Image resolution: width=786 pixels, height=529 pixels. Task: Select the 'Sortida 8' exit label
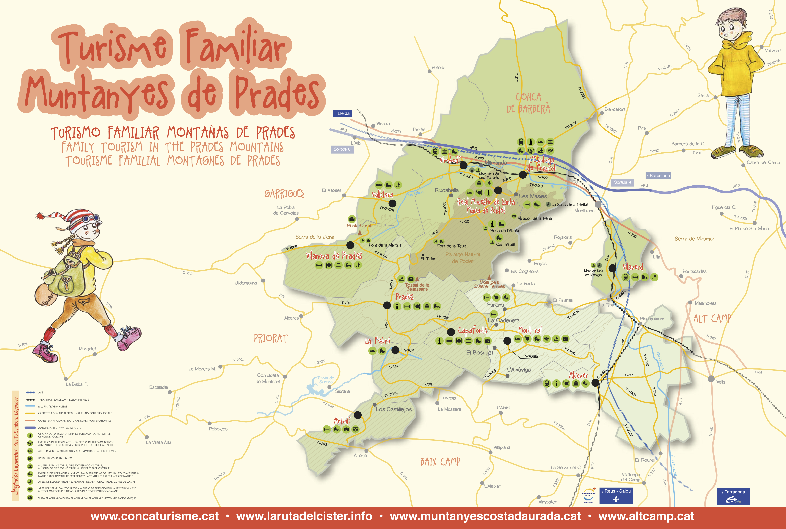(x=342, y=149)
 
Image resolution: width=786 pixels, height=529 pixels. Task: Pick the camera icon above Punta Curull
(x=352, y=219)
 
